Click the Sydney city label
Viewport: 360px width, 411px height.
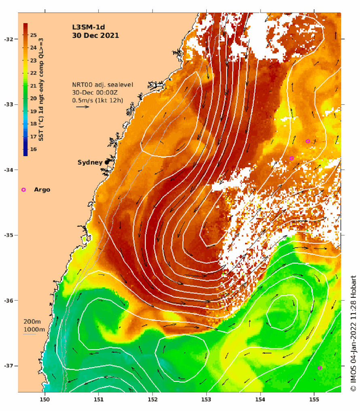coord(89,162)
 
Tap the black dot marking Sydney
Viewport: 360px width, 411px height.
coord(107,162)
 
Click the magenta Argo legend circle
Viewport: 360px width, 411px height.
coord(23,190)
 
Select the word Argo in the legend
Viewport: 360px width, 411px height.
coord(42,190)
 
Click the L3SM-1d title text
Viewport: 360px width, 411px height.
coord(85,27)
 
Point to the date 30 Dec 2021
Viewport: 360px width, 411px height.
coord(95,35)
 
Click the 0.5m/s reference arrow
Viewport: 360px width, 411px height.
coord(83,107)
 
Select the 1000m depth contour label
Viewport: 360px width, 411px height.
coord(34,329)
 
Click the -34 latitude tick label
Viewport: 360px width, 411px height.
coord(8,170)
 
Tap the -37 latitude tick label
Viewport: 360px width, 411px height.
coord(8,366)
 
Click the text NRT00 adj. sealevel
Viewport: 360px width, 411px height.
coord(102,85)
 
